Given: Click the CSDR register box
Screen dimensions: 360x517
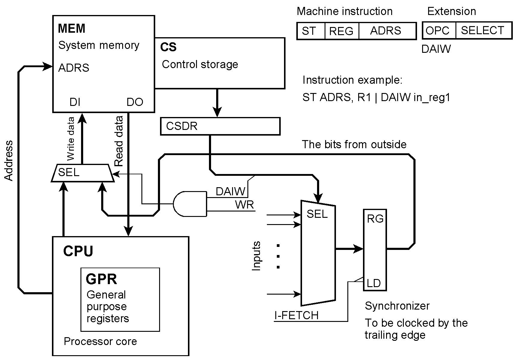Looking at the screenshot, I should [x=220, y=126].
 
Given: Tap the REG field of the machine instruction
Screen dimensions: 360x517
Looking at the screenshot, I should [x=341, y=31].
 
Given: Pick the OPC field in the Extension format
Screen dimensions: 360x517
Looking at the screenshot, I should [x=438, y=31].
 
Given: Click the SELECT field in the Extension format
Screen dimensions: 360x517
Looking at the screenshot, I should [x=483, y=31].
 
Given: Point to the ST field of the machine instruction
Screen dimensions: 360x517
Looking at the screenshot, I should [x=310, y=31].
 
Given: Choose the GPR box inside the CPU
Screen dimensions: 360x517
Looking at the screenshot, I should [x=120, y=299].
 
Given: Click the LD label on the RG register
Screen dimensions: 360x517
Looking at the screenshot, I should [x=373, y=283].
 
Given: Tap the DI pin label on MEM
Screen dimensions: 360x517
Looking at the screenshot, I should [x=75, y=102].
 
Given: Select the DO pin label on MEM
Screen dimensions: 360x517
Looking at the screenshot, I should [x=135, y=102].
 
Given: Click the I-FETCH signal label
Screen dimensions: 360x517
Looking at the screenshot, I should [x=296, y=316].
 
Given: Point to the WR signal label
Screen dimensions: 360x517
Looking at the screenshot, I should [x=245, y=205].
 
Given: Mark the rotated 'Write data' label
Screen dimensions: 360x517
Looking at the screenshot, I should [x=70, y=139].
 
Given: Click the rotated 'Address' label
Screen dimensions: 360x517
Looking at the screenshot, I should [x=9, y=160].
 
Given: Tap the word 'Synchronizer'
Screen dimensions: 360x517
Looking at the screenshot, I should [x=397, y=306].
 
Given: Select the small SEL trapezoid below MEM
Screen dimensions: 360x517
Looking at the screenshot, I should [x=83, y=173].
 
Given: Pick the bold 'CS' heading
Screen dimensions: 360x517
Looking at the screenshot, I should [x=168, y=47].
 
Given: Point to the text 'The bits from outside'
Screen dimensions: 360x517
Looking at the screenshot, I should [x=354, y=145].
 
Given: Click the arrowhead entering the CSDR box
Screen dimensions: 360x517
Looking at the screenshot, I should [x=217, y=113].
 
